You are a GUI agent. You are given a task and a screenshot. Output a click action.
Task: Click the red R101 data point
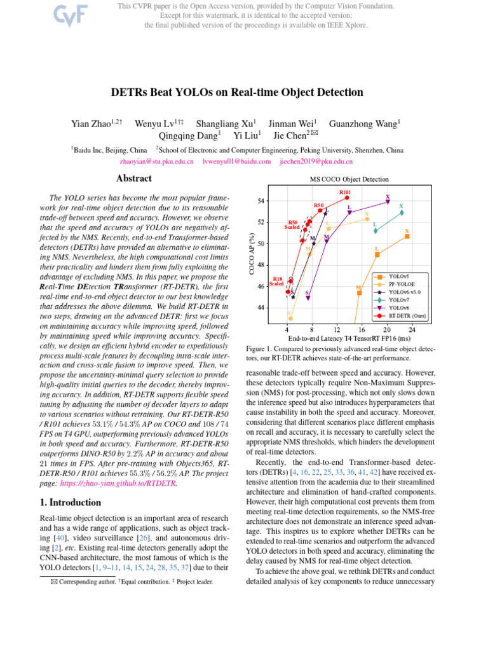click(x=347, y=198)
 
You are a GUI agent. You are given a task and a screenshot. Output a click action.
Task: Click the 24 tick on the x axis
click(x=412, y=329)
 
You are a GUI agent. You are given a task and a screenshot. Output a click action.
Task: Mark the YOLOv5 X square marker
click(x=407, y=236)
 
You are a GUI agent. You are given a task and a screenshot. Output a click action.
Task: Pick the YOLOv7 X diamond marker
click(x=402, y=212)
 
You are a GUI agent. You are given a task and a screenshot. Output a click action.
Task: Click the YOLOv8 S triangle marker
click(x=308, y=298)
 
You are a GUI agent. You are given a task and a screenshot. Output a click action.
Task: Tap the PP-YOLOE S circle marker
click(x=290, y=318)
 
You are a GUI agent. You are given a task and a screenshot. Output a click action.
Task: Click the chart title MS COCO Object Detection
click(x=349, y=180)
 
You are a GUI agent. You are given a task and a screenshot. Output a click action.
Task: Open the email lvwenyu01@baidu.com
click(x=236, y=162)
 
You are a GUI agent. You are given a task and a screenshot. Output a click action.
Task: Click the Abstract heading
click(x=134, y=179)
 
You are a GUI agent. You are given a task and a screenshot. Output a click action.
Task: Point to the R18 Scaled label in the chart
click(x=277, y=281)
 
